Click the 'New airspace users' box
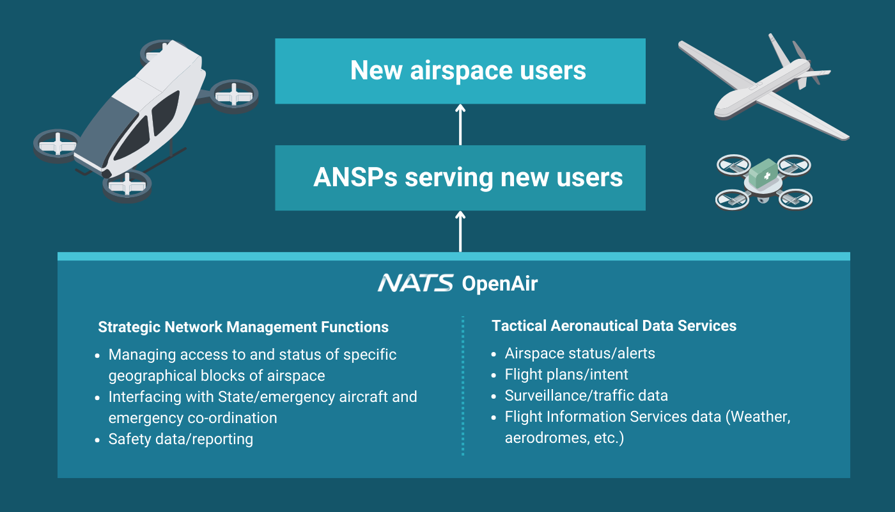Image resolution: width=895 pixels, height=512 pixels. [x=460, y=71]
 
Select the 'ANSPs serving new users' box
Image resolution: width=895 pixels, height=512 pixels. [x=460, y=178]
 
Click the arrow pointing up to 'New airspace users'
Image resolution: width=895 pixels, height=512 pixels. [x=460, y=124]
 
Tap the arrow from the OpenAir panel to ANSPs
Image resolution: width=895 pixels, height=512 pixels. [x=460, y=232]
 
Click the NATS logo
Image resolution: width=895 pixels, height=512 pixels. [x=416, y=283]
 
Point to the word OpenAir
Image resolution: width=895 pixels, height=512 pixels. [x=500, y=284]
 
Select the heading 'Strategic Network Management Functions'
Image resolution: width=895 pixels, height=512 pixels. [x=244, y=327]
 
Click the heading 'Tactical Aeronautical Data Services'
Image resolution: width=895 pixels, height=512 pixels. [x=614, y=326]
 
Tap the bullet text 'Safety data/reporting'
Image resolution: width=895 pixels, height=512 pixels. [x=180, y=439]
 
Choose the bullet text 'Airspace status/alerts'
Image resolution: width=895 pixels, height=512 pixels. [x=580, y=353]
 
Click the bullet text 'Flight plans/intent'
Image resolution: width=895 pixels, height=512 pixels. [x=566, y=374]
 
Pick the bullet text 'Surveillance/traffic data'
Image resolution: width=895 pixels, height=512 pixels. [x=586, y=396]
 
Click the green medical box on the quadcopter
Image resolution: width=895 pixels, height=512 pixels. [x=763, y=173]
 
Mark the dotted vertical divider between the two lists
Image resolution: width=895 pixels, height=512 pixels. [x=463, y=385]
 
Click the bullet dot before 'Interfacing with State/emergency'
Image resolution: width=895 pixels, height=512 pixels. [x=97, y=397]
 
